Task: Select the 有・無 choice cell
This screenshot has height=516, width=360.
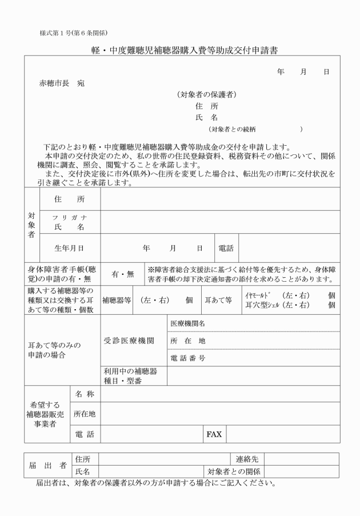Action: tap(122, 274)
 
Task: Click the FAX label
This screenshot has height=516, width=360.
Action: tap(214, 434)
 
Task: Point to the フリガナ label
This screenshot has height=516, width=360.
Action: tap(68, 218)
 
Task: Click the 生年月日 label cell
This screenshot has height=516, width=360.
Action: tap(69, 249)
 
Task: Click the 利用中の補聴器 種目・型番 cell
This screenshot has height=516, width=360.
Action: tap(133, 375)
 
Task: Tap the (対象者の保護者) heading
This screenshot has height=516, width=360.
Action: tap(207, 94)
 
